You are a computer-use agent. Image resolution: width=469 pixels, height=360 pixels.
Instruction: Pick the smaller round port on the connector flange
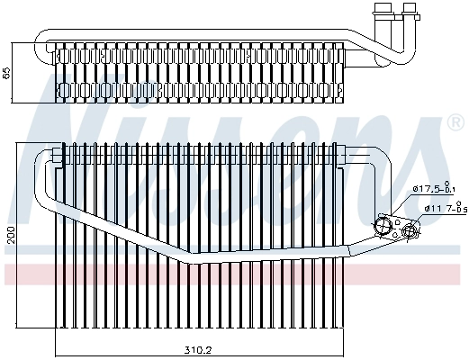click(x=410, y=231)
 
